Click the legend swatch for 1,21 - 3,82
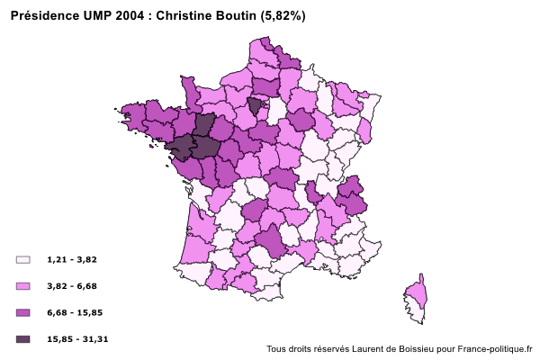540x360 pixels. tap(23, 259)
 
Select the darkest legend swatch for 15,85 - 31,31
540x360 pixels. tap(23, 339)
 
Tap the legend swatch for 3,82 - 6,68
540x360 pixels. tap(23, 286)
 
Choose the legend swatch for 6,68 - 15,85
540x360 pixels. tap(23, 312)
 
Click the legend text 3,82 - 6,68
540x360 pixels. tap(72, 286)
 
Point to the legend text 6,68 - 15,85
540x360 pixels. tap(75, 312)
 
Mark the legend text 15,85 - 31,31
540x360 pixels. tap(77, 339)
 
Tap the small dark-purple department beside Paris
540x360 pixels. tap(256, 105)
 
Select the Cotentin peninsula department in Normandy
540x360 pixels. tap(189, 89)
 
